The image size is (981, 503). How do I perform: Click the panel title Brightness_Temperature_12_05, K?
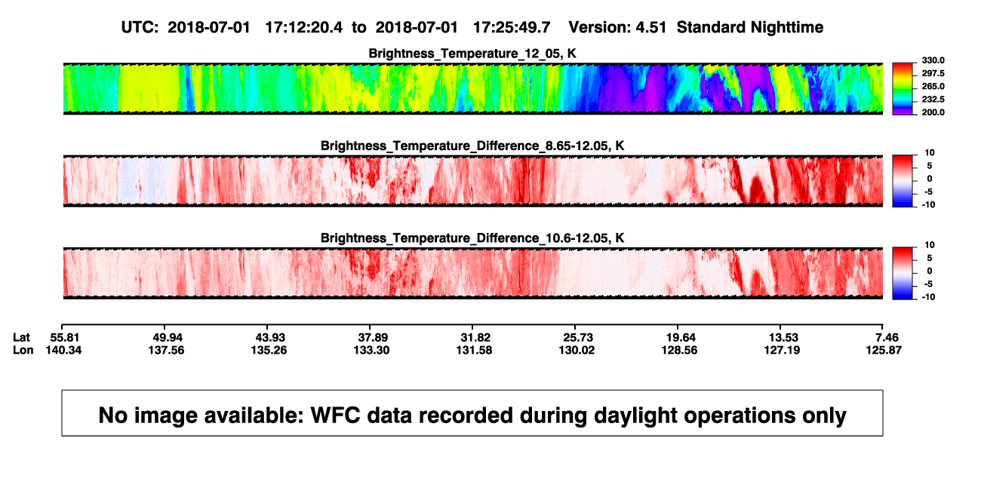click(x=472, y=54)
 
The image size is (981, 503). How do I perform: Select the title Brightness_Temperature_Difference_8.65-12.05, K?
click(x=472, y=146)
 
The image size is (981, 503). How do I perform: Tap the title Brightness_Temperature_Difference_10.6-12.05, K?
click(x=472, y=238)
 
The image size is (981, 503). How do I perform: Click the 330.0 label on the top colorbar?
click(x=933, y=60)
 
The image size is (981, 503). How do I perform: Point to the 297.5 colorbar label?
click(x=933, y=74)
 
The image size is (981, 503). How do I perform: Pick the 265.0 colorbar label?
click(x=933, y=86)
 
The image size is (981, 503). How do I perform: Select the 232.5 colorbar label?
click(x=933, y=100)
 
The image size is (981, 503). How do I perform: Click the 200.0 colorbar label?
click(x=933, y=112)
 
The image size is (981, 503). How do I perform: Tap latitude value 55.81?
click(x=64, y=338)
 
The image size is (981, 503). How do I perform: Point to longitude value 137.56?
click(x=166, y=350)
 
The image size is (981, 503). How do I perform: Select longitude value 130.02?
click(x=577, y=350)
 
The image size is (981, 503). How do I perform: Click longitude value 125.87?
click(x=884, y=350)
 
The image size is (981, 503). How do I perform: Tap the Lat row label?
click(x=21, y=338)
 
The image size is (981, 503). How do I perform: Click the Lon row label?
click(x=23, y=350)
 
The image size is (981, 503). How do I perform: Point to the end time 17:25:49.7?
click(x=512, y=28)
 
